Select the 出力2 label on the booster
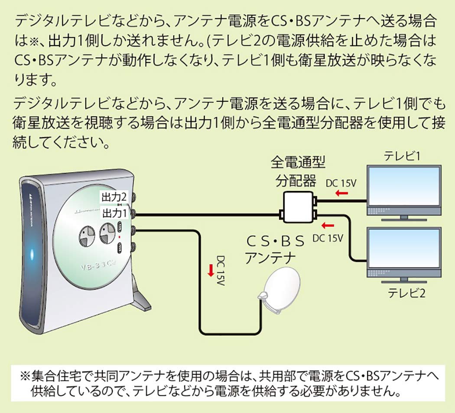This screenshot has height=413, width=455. pos(114,197)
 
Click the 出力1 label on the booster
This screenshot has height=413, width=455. pos(114,213)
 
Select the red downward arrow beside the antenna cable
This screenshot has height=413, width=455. pos(211,271)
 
